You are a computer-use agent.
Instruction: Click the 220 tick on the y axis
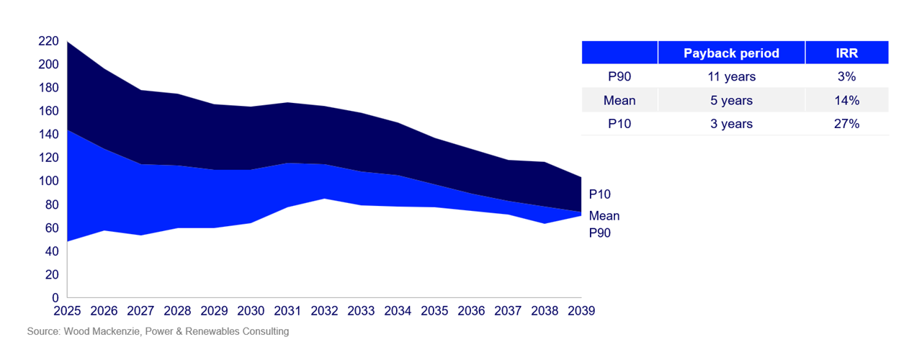click(x=49, y=41)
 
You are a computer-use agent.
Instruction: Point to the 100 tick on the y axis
click(x=49, y=181)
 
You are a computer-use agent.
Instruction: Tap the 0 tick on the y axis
click(x=55, y=297)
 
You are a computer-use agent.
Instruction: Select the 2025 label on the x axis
click(x=68, y=311)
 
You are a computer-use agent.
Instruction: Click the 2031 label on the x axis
click(x=288, y=311)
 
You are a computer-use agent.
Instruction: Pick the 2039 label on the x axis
click(x=581, y=311)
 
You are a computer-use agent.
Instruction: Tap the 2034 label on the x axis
click(x=398, y=311)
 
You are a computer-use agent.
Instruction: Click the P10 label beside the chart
click(x=599, y=194)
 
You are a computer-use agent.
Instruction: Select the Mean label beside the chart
click(x=604, y=216)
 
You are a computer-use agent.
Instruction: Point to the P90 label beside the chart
click(x=599, y=233)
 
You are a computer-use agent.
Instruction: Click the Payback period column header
click(x=731, y=53)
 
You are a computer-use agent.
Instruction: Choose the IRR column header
click(x=847, y=53)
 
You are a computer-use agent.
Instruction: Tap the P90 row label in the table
click(x=619, y=76)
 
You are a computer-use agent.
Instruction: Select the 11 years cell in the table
click(x=731, y=76)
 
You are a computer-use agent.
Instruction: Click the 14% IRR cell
click(x=847, y=100)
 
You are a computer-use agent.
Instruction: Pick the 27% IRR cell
click(x=847, y=124)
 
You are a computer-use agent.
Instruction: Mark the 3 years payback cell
click(x=731, y=124)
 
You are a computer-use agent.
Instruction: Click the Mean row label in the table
click(x=619, y=100)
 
